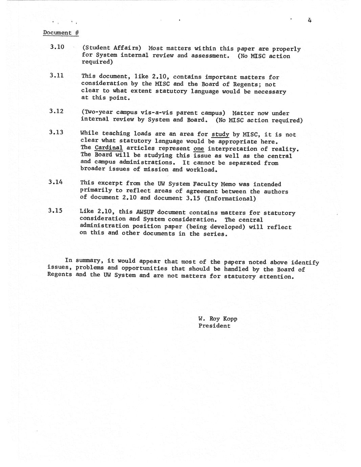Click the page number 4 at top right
coord(310,20)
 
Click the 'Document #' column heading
coord(61,33)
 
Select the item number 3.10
coord(57,47)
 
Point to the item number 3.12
coord(56,111)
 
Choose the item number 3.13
coord(56,132)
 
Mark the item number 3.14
coord(55,182)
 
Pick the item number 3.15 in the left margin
coord(55,210)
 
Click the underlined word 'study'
coord(220,134)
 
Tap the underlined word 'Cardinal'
coord(109,148)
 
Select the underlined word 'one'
coord(199,149)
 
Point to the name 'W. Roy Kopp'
coord(218,319)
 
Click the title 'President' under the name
coord(214,326)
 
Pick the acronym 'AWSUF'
coord(144,213)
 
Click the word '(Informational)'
coord(230,198)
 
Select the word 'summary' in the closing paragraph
coord(89,261)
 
